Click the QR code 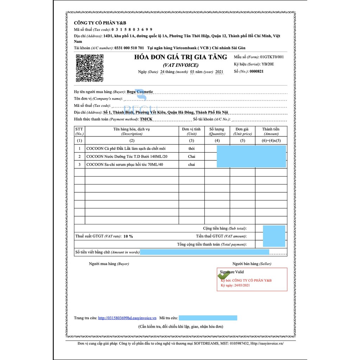tap(89, 68)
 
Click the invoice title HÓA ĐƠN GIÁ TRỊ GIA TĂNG tap(181, 57)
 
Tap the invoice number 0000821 tap(256, 71)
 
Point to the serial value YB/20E tap(268, 64)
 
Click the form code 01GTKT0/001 tap(272, 57)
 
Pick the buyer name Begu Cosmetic tap(140, 92)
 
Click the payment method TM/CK tap(146, 119)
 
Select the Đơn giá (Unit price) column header tap(243, 131)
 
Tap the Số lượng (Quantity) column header tap(217, 131)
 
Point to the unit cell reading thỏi tap(191, 149)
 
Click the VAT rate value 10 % tap(128, 236)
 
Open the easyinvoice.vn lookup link tap(127, 318)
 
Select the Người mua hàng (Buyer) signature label tap(109, 264)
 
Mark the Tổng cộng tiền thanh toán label tap(212, 244)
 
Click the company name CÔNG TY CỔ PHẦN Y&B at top tap(100, 23)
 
